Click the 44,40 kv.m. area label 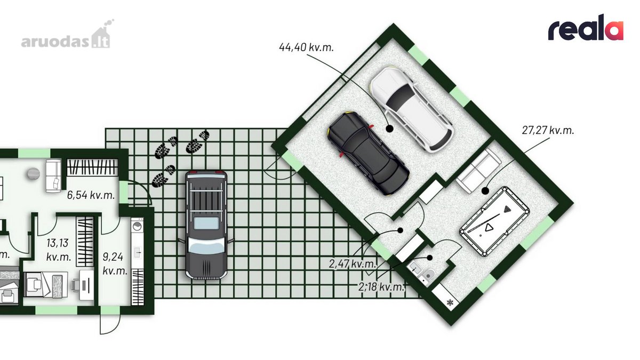tap(306, 47)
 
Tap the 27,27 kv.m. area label tap(548, 130)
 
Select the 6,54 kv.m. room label tap(91, 195)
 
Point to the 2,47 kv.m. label tap(353, 263)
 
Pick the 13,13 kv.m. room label tap(58, 250)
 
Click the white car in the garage tap(411, 109)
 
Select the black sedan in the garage tap(369, 153)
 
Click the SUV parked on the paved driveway tap(206, 225)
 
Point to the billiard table tap(494, 221)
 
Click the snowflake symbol tap(450, 302)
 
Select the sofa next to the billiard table tap(479, 171)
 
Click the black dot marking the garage tap(389, 129)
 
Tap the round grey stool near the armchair tap(34, 173)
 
